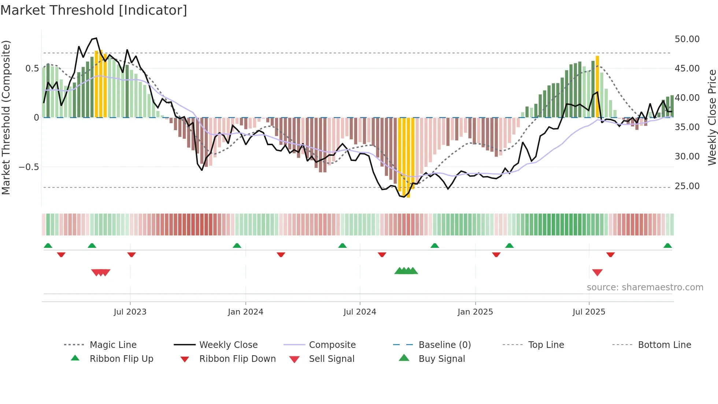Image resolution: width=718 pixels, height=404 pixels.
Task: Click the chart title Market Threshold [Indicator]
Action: pos(94,10)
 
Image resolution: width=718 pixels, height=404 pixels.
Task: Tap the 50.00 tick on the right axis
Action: pos(687,39)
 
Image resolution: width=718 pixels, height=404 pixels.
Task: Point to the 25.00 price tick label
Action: pos(687,186)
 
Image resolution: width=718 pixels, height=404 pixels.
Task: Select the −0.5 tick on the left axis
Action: pos(29,167)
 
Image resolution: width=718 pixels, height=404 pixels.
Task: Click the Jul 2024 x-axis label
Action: pos(359,312)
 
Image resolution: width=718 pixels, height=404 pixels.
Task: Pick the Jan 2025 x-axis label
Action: pos(475,312)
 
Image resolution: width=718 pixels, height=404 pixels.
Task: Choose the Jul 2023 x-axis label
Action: pos(130,312)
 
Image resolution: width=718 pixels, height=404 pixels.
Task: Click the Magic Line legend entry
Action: pos(113,345)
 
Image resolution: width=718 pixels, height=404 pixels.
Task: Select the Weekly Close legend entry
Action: pos(228,345)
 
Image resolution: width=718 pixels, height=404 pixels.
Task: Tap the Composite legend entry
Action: pos(332,345)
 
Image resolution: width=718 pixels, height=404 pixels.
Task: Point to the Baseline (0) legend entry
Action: pos(444,345)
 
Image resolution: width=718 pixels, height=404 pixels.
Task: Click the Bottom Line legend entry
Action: pos(664,345)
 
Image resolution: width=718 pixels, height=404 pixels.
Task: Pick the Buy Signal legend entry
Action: pos(441,359)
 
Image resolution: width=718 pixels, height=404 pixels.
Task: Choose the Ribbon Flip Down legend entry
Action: pos(237,359)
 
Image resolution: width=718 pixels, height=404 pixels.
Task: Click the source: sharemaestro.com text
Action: pos(645,287)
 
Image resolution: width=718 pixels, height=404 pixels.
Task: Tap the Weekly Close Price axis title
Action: pos(711,117)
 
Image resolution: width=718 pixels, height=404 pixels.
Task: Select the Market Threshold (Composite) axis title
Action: pos(6,117)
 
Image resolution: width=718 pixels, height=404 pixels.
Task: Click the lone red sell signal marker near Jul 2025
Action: pos(597,272)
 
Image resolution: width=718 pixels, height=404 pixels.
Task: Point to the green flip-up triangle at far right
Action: pos(667,246)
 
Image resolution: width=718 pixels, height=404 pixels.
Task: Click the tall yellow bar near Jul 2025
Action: pos(597,86)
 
